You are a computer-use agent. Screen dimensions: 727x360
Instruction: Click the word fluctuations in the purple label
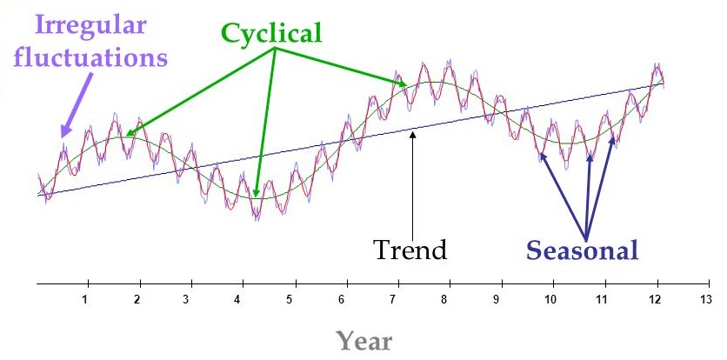[x=90, y=58]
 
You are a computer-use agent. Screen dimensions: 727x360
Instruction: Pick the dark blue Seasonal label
[x=582, y=250]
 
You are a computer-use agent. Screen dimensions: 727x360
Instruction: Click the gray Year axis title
[x=364, y=341]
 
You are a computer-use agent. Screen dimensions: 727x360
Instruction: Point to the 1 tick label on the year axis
[x=85, y=299]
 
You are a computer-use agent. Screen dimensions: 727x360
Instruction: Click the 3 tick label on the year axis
[x=186, y=299]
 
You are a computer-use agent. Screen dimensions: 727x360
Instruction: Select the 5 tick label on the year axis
[x=290, y=299]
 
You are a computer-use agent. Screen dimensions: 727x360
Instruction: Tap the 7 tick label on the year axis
[x=392, y=299]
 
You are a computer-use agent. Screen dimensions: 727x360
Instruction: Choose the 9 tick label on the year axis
[x=496, y=299]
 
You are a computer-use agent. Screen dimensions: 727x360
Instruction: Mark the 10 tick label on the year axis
[x=550, y=299]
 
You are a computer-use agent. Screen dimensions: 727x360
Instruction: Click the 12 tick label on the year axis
[x=654, y=299]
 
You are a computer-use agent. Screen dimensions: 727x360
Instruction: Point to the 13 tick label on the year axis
[x=705, y=299]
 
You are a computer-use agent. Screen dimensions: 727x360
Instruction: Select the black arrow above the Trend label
[x=413, y=184]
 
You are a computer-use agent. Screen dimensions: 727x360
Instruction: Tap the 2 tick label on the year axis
[x=137, y=299]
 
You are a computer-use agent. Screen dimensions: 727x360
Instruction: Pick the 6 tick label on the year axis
[x=341, y=299]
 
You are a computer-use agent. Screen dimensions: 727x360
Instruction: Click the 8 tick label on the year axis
[x=444, y=299]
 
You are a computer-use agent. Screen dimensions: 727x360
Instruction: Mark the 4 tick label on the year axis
[x=237, y=299]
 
